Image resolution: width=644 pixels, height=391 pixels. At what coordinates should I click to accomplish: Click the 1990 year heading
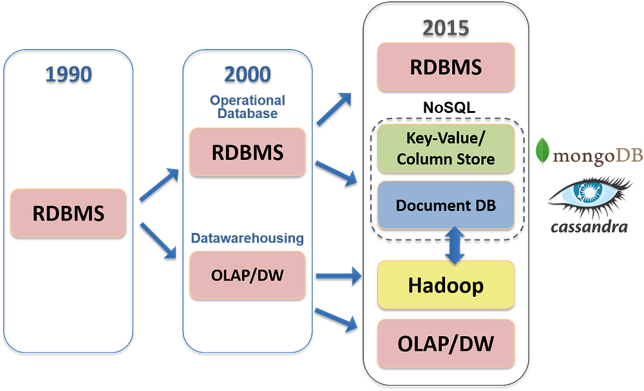[69, 73]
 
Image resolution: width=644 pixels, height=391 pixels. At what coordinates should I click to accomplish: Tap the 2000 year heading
[247, 74]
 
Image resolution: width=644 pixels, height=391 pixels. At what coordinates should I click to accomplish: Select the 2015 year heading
[446, 27]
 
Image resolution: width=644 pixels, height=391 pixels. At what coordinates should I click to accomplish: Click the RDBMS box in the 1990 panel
[69, 212]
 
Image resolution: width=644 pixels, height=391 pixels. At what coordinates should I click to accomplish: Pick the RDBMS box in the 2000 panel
[247, 152]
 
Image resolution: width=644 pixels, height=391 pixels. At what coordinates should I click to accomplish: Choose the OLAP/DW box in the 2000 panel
[247, 276]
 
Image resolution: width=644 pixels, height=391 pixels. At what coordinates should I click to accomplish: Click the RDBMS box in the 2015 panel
[446, 67]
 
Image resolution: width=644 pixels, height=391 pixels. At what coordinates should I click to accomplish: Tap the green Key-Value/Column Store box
[446, 149]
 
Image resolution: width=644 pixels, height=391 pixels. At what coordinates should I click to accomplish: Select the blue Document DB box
[446, 205]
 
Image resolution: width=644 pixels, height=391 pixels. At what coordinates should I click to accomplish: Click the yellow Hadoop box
[446, 284]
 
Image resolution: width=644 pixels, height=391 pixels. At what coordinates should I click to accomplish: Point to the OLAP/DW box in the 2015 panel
[446, 342]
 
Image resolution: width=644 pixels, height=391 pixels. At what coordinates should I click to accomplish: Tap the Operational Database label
[247, 106]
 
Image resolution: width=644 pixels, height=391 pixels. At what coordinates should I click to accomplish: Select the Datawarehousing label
[247, 238]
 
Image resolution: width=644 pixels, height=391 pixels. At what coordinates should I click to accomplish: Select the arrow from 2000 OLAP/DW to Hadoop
[337, 276]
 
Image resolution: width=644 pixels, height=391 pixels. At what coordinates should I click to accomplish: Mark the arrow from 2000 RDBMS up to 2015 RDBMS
[334, 106]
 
